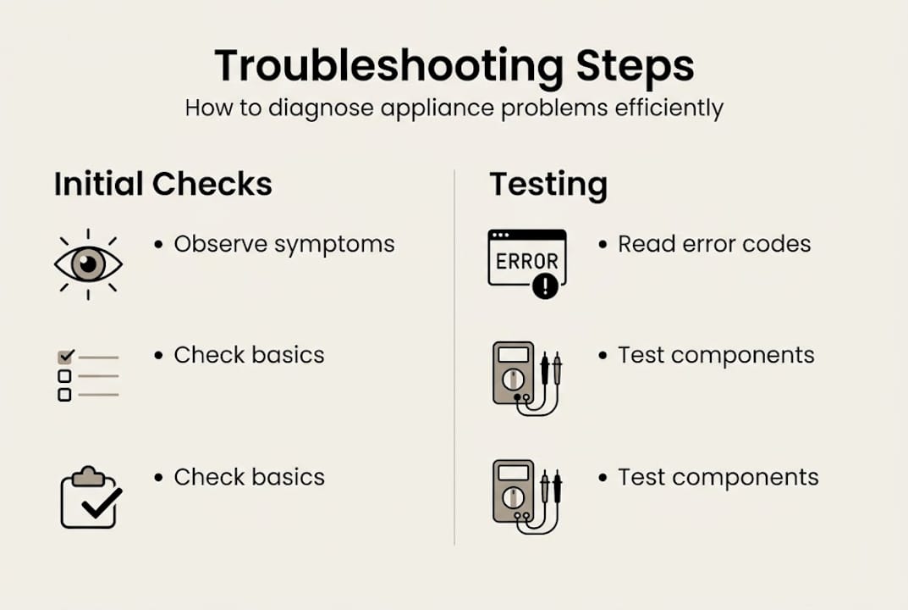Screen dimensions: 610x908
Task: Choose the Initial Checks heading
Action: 163,184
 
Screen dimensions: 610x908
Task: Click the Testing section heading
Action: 548,184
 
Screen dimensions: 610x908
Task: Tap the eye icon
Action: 88,264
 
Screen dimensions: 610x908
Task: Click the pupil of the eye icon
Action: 88,264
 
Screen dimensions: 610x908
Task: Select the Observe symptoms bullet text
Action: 284,244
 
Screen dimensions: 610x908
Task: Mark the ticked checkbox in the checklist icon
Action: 65,357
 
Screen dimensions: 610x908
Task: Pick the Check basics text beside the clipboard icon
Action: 249,477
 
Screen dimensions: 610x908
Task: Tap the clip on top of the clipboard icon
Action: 88,476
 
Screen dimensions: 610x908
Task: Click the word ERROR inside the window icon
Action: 526,262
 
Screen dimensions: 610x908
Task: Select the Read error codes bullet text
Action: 714,244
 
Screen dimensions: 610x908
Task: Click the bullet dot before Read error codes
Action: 603,244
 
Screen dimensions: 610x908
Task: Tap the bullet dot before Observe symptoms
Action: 158,244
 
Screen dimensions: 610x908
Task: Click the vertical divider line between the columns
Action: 454,356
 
